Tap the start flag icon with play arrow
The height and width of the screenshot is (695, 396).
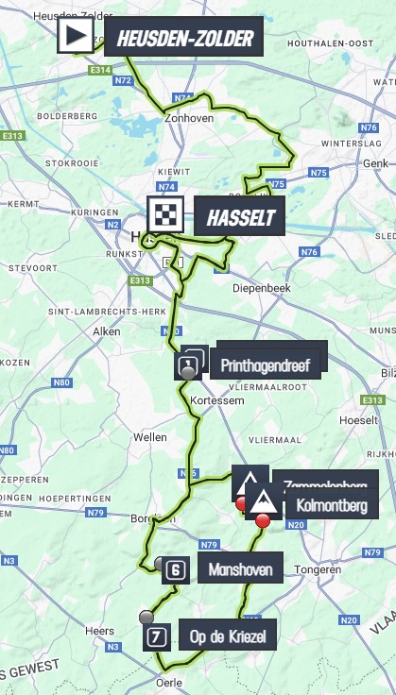pos(76,37)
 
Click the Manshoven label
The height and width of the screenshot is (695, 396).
pos(240,569)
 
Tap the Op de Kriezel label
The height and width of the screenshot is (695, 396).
pos(228,637)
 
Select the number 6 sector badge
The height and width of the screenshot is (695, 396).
pos(176,569)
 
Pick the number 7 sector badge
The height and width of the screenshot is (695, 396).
pos(157,637)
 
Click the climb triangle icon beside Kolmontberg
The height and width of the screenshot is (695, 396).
pos(263,502)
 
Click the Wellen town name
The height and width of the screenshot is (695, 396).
pos(150,437)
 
